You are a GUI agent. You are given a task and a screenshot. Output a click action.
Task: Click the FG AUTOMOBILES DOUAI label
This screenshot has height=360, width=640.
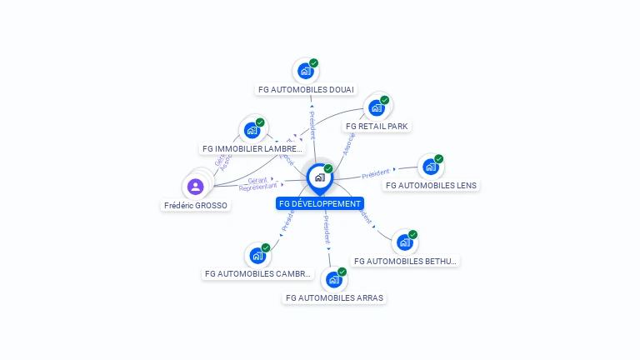tap(306, 89)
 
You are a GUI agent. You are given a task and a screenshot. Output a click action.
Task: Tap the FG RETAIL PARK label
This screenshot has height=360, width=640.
tap(377, 126)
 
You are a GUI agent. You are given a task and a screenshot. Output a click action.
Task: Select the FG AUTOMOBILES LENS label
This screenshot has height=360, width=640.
tap(431, 185)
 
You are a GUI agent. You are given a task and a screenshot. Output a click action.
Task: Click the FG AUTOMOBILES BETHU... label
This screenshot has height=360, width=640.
tap(405, 261)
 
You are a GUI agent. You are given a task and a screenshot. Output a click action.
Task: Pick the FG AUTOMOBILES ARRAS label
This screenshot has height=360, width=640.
tap(335, 297)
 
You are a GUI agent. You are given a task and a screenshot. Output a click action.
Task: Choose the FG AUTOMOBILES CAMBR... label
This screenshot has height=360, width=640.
tap(257, 273)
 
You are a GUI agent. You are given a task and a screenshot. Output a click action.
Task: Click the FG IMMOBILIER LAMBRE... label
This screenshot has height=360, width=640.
tap(252, 148)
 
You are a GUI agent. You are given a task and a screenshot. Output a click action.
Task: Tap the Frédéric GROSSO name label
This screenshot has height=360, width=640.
tap(196, 205)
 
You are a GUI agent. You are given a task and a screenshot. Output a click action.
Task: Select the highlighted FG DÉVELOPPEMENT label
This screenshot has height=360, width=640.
tap(320, 203)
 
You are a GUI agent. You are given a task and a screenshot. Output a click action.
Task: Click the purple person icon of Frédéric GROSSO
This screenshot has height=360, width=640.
tap(196, 186)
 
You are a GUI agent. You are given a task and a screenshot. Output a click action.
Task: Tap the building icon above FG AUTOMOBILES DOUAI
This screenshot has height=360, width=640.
tap(305, 71)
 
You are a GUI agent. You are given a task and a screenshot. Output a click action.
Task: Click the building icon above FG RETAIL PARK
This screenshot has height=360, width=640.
tap(377, 107)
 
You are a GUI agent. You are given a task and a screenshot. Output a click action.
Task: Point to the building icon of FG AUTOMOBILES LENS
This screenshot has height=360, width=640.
tap(430, 167)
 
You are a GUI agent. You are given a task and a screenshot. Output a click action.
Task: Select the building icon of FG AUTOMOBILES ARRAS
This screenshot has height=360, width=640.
tap(333, 279)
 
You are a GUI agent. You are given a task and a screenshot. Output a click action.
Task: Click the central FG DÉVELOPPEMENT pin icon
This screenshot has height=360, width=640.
tap(319, 177)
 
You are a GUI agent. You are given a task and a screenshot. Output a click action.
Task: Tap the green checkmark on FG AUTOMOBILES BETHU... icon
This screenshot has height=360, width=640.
tap(412, 235)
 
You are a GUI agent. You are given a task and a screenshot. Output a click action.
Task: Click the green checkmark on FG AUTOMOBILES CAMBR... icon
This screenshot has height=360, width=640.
tap(266, 247)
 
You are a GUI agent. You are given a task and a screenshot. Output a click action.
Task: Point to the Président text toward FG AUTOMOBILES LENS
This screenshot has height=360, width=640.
tap(376, 173)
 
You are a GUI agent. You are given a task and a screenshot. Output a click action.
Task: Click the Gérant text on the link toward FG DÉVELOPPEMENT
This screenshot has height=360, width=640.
tap(257, 180)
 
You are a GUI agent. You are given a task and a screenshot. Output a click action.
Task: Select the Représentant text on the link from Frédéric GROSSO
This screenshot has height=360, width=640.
tap(257, 187)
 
